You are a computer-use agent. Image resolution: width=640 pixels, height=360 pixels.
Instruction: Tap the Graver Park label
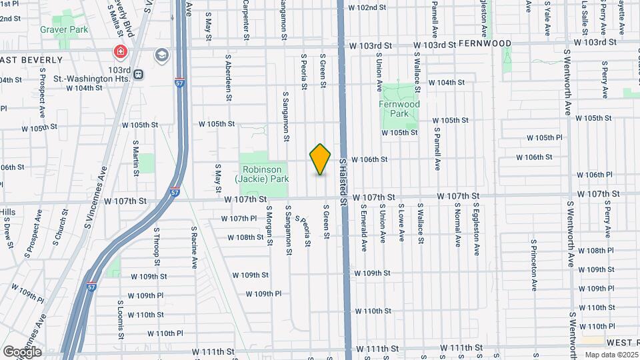tap(63, 30)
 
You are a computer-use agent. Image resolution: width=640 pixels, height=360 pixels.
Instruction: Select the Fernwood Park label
tap(399, 109)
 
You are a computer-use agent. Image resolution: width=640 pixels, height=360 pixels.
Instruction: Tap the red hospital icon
tap(120, 51)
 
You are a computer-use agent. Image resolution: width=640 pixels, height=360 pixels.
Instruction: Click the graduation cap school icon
tap(161, 55)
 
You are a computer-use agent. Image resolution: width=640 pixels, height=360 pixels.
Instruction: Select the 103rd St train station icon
tap(138, 75)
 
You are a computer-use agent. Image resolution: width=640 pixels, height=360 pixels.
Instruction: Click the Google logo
tap(22, 351)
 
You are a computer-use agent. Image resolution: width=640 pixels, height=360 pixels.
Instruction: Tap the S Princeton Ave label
tap(534, 264)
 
